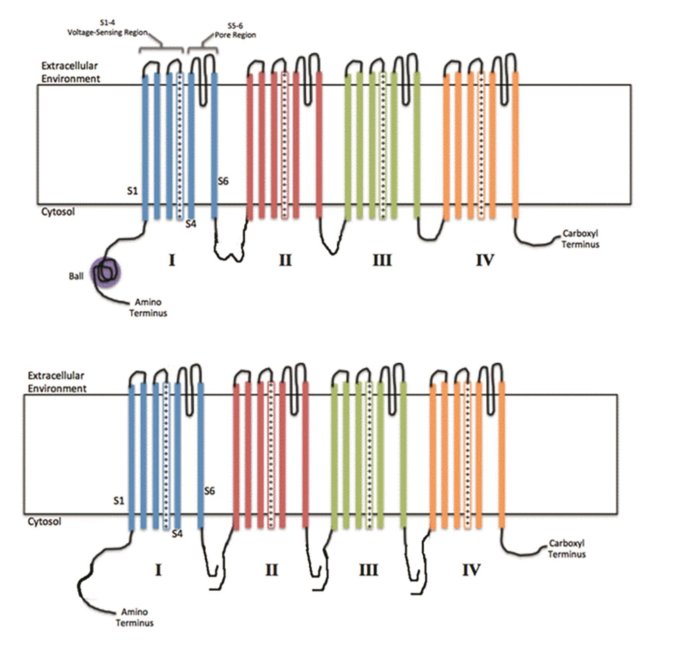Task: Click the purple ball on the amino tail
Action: (x=106, y=272)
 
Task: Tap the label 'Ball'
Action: (x=76, y=276)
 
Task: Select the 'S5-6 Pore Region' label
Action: (x=235, y=30)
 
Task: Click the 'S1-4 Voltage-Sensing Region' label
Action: (x=108, y=28)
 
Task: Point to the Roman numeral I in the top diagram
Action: (x=172, y=260)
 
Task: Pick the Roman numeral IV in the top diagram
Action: (x=485, y=260)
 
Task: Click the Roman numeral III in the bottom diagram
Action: (x=368, y=570)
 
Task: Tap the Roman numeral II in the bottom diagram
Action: (x=272, y=570)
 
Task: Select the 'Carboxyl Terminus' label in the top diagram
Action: (x=581, y=239)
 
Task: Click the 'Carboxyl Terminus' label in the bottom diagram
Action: (x=566, y=549)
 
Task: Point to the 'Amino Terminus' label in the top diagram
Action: (x=148, y=307)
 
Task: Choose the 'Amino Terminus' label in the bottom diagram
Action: (x=135, y=617)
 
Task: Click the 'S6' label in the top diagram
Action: (x=223, y=181)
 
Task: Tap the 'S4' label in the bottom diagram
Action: (x=177, y=534)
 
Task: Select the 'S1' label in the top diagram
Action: (x=132, y=191)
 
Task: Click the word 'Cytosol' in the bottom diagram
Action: (x=44, y=521)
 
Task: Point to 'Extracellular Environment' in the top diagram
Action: (x=70, y=72)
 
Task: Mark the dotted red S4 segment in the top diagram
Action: (x=284, y=146)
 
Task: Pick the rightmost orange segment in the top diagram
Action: (x=515, y=145)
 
